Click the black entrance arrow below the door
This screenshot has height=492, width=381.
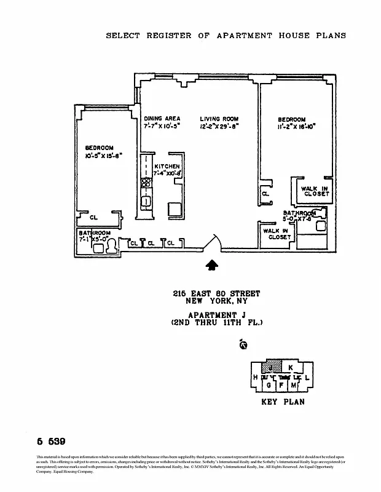pyautogui.click(x=211, y=264)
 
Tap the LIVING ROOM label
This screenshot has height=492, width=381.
pyautogui.click(x=219, y=119)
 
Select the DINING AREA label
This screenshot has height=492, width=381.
pyautogui.click(x=162, y=119)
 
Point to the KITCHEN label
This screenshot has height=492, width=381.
pyautogui.click(x=167, y=167)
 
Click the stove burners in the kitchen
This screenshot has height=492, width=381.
pyautogui.click(x=146, y=183)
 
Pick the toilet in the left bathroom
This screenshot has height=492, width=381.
pyautogui.click(x=112, y=245)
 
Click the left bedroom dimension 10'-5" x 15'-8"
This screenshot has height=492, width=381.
pyautogui.click(x=104, y=156)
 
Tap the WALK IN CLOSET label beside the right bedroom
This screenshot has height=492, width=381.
pyautogui.click(x=316, y=191)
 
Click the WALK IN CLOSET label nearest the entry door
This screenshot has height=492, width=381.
pyautogui.click(x=276, y=234)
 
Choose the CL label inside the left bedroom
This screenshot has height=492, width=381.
pyautogui.click(x=94, y=217)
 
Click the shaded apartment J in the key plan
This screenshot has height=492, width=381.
pyautogui.click(x=270, y=367)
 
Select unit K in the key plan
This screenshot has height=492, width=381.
pyautogui.click(x=291, y=367)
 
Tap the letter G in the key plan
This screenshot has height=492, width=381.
pyautogui.click(x=269, y=385)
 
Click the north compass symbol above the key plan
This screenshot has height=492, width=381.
pyautogui.click(x=243, y=345)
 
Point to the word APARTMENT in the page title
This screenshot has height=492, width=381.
pyautogui.click(x=244, y=36)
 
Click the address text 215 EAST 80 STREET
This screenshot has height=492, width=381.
pyautogui.click(x=216, y=294)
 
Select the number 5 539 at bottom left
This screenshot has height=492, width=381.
pyautogui.click(x=51, y=442)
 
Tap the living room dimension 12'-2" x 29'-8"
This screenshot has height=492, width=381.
pyautogui.click(x=219, y=126)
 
